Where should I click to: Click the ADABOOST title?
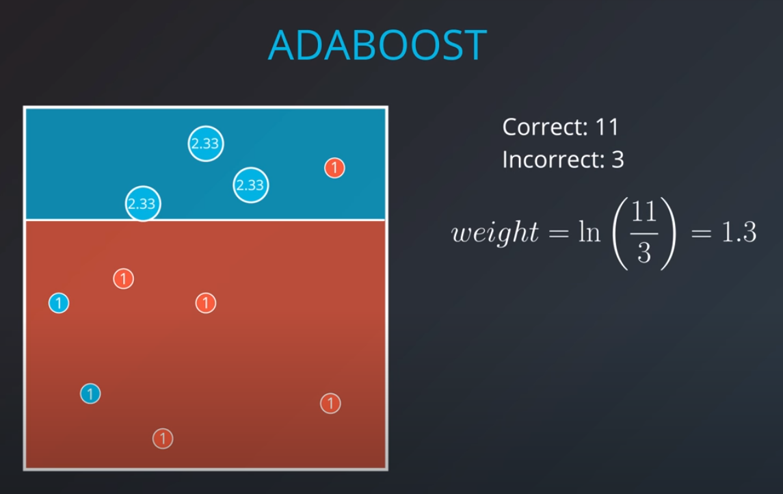(377, 45)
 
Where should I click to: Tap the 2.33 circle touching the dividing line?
(142, 203)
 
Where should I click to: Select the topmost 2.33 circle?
(205, 144)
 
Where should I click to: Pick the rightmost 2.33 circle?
(250, 185)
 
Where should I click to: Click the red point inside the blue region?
(334, 168)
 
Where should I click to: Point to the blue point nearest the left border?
(59, 302)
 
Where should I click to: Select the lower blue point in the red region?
(90, 393)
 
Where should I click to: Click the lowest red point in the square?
(163, 438)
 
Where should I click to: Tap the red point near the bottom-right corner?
(330, 404)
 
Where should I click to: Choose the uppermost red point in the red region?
(123, 278)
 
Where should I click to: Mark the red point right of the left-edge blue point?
(206, 302)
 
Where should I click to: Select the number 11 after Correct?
(607, 127)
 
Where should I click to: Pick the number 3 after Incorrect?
(618, 159)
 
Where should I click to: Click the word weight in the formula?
(495, 233)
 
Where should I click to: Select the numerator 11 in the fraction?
(643, 212)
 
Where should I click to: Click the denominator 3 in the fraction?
(643, 253)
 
